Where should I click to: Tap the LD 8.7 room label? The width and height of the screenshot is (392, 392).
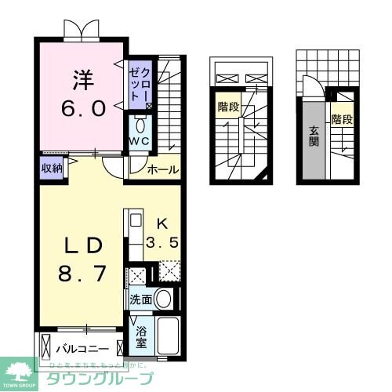80,260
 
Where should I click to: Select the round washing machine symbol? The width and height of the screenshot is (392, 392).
163,299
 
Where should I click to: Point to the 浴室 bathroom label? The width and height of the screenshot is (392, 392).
140,338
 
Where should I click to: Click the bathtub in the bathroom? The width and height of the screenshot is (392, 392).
167,336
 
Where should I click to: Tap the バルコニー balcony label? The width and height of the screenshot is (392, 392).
81,347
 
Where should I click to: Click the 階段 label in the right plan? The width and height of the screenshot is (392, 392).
341,120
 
